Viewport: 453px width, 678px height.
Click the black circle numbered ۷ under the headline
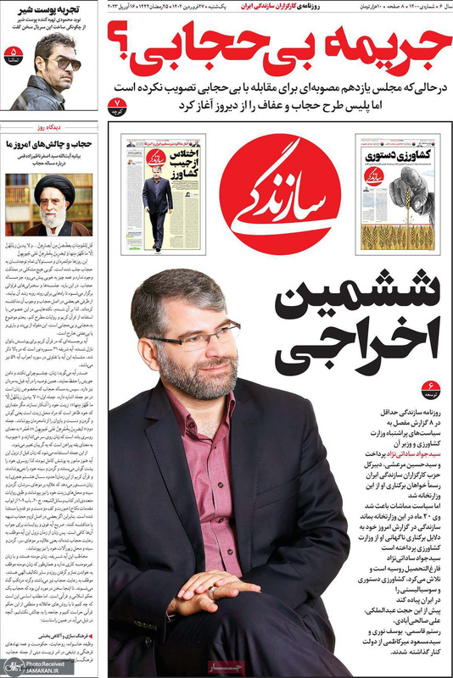[118, 106]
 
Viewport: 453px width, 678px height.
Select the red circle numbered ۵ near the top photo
[12, 57]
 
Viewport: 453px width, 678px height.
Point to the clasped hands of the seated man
[216, 586]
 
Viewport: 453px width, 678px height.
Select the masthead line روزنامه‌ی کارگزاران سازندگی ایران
[263, 7]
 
